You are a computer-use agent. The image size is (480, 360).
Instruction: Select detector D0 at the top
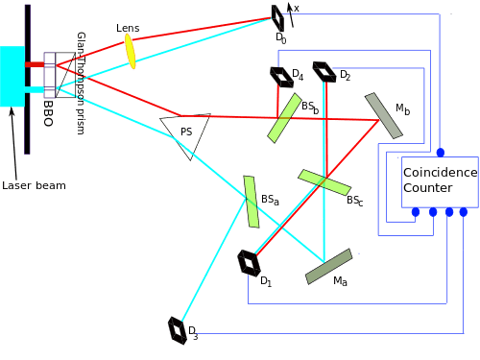[278, 17]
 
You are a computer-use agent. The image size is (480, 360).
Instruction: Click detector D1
[248, 261]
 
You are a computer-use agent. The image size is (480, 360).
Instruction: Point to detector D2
[326, 72]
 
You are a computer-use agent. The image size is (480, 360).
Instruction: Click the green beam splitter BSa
[252, 202]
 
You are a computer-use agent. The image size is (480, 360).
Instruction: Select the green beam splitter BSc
[324, 182]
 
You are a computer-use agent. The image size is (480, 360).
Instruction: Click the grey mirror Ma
[328, 267]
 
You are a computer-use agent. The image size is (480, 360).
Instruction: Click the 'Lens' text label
[127, 28]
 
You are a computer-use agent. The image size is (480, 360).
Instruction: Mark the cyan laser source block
[13, 76]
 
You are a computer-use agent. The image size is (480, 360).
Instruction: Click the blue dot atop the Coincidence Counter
[441, 153]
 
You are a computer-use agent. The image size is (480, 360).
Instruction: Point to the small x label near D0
[297, 9]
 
